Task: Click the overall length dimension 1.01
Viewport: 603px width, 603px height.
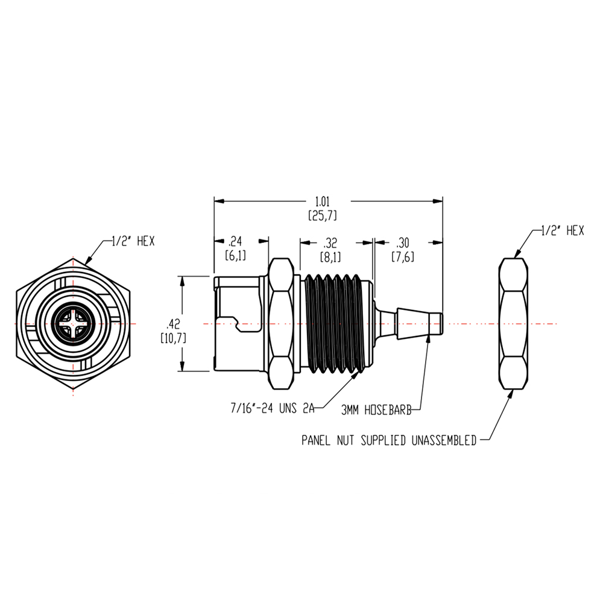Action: (x=329, y=201)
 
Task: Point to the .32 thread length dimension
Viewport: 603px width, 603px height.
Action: (x=330, y=244)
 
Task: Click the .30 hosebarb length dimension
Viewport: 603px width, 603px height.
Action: (x=402, y=244)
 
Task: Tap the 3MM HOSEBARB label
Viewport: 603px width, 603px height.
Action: (x=376, y=409)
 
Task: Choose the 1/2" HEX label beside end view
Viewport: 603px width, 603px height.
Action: (x=133, y=241)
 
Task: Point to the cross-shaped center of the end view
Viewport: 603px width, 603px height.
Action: (x=73, y=324)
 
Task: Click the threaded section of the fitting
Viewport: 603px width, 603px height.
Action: (x=335, y=324)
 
